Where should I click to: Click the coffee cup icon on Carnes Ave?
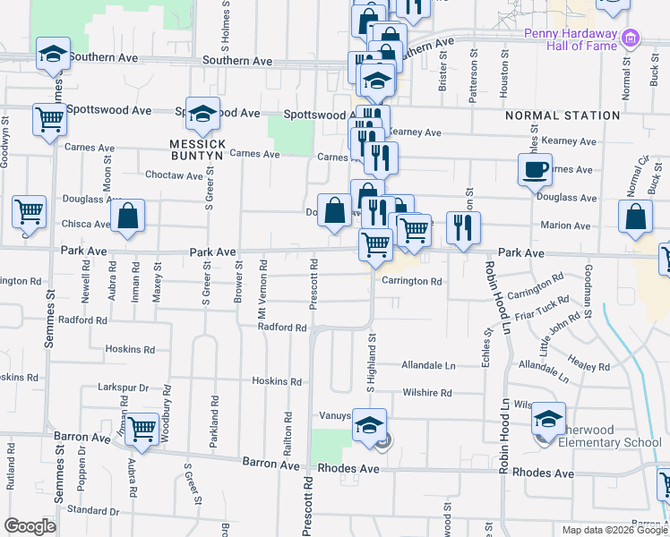536,169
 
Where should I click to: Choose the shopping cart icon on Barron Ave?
142,429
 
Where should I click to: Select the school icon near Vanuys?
368,426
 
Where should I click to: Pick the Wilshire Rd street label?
427,393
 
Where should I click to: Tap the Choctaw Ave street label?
175,175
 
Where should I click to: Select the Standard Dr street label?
93,510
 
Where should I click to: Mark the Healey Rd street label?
588,366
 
